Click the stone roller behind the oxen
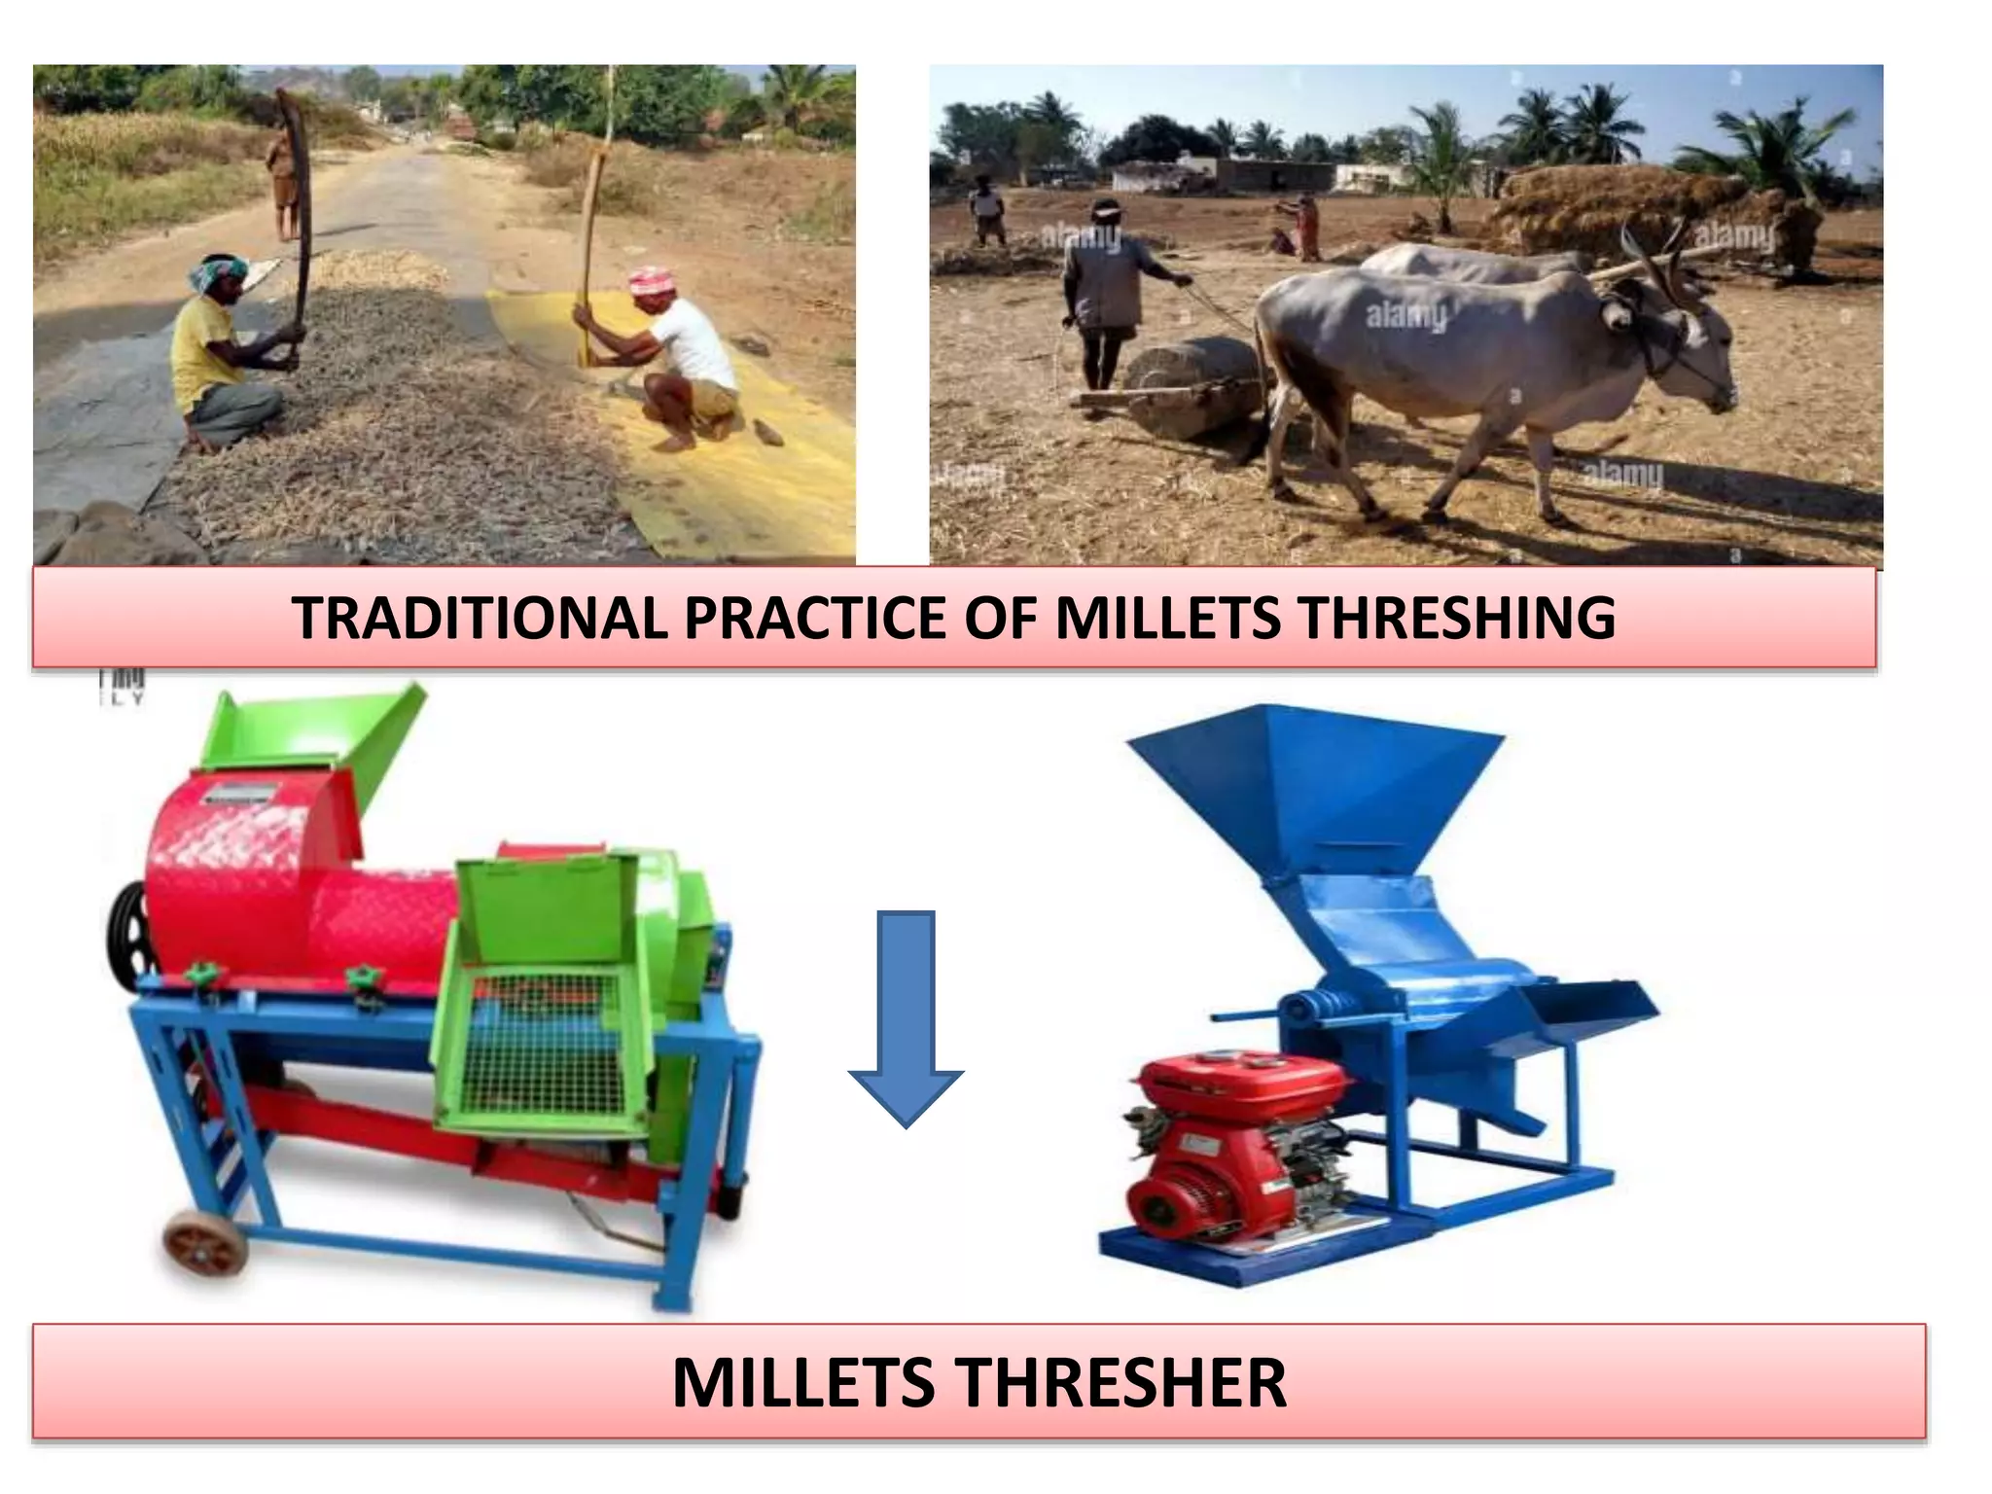[x=1192, y=384]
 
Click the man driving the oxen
[x=1104, y=292]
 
